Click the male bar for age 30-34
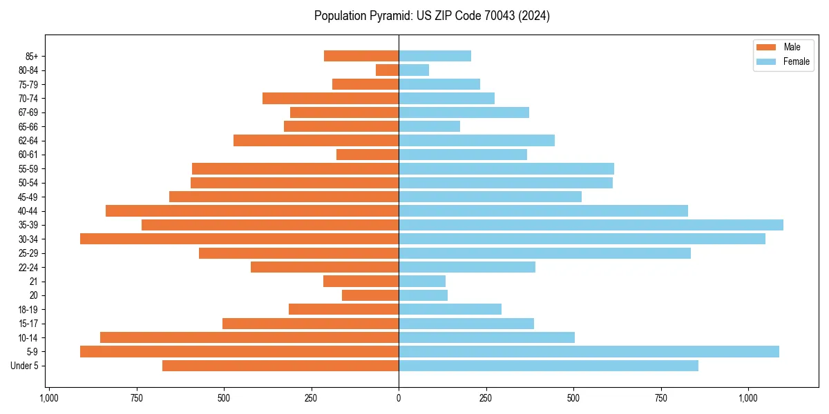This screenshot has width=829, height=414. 239,239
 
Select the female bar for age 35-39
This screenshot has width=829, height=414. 591,225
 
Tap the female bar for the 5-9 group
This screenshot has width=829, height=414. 589,351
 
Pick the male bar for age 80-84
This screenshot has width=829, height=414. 387,70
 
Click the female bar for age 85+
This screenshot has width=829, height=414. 435,56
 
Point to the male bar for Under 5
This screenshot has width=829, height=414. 280,366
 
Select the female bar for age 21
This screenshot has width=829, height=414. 422,282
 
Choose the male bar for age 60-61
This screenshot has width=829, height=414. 368,155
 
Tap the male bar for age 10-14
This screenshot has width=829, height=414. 249,337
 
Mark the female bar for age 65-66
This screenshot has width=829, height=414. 429,126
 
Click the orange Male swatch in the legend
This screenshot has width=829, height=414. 766,48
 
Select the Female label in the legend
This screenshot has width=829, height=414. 796,61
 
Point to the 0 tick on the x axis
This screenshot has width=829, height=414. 399,398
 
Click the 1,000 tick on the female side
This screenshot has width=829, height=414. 748,398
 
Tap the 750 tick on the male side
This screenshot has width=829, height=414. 136,398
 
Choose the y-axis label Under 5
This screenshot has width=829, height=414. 25,366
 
